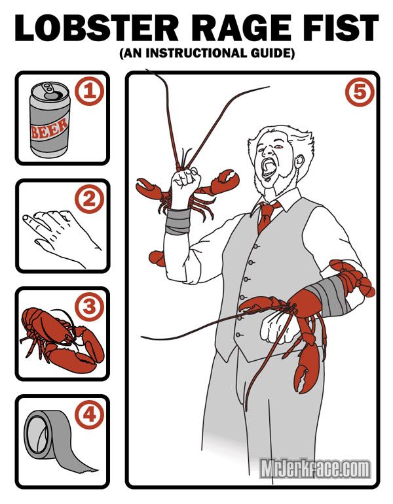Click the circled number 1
click(89, 92)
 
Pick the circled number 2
click(89, 200)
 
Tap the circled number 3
click(89, 306)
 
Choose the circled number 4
click(89, 414)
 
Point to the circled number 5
click(358, 92)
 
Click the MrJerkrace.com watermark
click(315, 468)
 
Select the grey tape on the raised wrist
click(176, 222)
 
